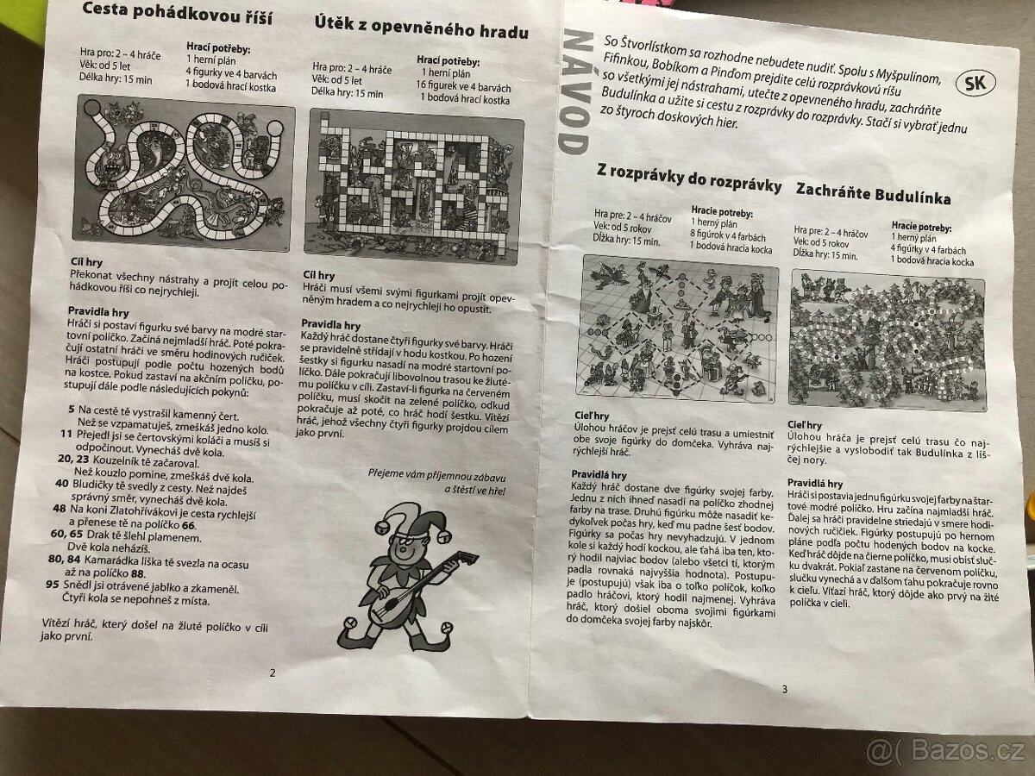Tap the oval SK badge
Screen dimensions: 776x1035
point(976,84)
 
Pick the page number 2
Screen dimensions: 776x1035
point(273,673)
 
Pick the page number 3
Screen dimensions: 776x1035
point(784,687)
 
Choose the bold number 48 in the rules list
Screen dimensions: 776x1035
point(59,509)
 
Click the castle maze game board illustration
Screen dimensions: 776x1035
point(415,189)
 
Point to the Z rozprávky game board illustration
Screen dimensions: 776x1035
point(681,330)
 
